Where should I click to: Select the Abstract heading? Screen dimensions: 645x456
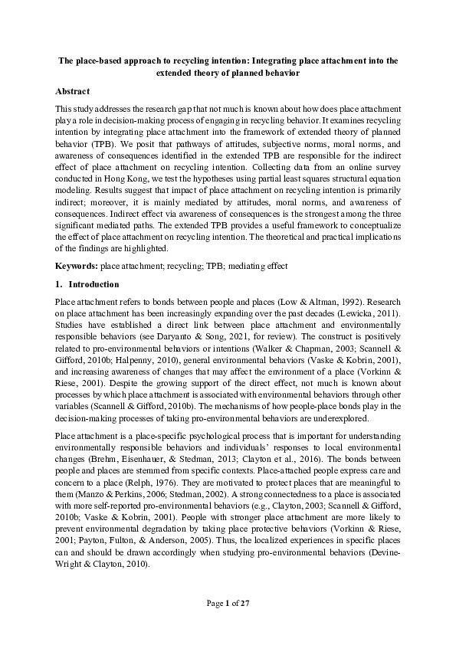point(77,90)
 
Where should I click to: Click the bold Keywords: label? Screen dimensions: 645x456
point(77,266)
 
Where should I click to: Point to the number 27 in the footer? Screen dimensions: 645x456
point(245,604)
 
